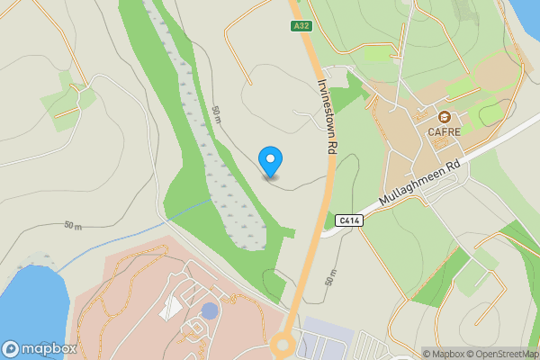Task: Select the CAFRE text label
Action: [445, 131]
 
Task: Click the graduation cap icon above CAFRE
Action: [445, 117]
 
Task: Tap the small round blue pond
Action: [210, 310]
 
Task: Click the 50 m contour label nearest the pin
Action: [217, 114]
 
